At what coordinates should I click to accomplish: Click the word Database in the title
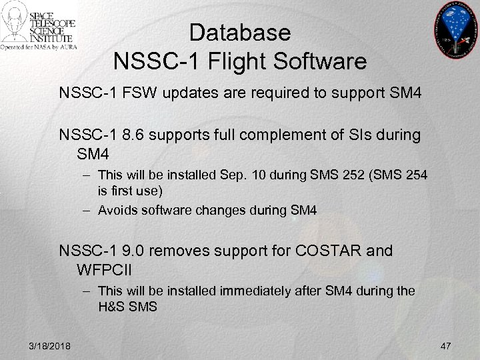tap(239, 32)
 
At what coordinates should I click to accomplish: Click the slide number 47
tap(446, 344)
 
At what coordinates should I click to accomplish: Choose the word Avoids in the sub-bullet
tap(115, 210)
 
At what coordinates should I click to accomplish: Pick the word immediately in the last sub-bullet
tap(247, 291)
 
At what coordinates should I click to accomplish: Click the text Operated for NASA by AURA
tap(39, 48)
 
